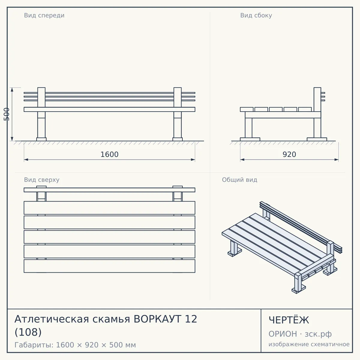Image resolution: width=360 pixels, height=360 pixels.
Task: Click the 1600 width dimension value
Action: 109,154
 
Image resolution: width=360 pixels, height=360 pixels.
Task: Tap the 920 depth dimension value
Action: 289,154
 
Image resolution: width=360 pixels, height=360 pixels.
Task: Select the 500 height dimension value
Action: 7,114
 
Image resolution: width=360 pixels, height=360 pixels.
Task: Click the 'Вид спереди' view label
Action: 44,15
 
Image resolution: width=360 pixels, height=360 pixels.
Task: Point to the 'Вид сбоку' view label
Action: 256,15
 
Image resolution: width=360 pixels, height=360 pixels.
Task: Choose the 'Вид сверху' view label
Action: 42,180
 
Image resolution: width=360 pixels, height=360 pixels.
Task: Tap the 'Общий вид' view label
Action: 239,180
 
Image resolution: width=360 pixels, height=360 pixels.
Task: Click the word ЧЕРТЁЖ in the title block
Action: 289,320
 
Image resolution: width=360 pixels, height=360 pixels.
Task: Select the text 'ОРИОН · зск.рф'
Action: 300,334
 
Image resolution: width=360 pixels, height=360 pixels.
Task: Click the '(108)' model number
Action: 28,332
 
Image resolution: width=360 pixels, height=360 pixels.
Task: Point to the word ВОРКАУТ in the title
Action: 157,319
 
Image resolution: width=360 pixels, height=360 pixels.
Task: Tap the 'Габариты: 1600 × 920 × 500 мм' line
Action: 75,345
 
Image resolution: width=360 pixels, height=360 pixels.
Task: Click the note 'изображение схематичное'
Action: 309,344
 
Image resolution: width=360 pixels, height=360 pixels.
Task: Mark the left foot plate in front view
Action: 41,139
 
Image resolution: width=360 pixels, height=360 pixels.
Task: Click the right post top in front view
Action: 178,88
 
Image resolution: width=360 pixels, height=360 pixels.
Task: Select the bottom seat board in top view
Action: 109,266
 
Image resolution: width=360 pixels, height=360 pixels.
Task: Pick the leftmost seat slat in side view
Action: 247,109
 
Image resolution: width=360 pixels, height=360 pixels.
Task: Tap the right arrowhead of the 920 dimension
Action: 337,160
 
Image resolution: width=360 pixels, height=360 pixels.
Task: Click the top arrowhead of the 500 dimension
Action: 12,90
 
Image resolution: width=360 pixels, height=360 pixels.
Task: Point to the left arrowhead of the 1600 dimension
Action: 26,160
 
